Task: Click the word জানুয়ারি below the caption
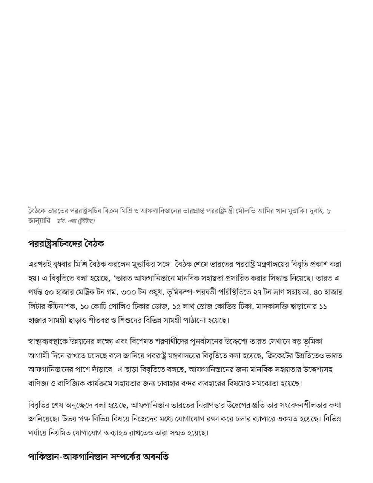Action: click(39, 220)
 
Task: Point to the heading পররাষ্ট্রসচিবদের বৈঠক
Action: click(66, 243)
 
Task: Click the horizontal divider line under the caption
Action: click(187, 231)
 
